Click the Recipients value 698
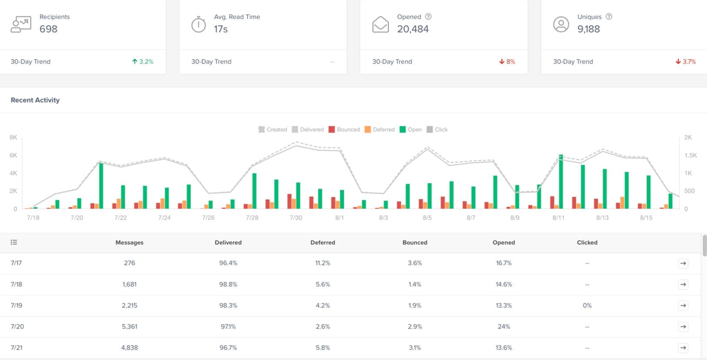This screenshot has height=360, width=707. point(48,29)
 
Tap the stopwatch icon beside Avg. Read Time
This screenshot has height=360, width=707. point(198,24)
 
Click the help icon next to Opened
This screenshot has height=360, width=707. point(428,17)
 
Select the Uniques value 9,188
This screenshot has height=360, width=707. point(588,29)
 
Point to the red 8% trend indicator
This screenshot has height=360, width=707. point(507,62)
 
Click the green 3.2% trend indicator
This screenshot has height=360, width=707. point(143,62)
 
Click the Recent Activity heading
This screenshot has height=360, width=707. point(35,100)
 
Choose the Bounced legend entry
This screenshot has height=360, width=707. point(344,130)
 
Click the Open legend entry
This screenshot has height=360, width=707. point(411,130)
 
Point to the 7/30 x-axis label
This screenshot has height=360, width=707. point(296,217)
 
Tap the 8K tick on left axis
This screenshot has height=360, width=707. point(13,137)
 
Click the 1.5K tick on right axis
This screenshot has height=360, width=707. point(690,155)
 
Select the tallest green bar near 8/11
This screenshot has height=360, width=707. point(561,182)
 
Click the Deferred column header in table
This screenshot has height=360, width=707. point(322,243)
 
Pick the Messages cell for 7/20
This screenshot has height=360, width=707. point(129,327)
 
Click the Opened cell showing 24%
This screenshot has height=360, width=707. point(503,327)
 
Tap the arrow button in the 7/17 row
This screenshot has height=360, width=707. point(683,263)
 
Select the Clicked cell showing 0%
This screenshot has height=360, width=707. point(587,306)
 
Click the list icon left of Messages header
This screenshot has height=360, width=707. point(14,242)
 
